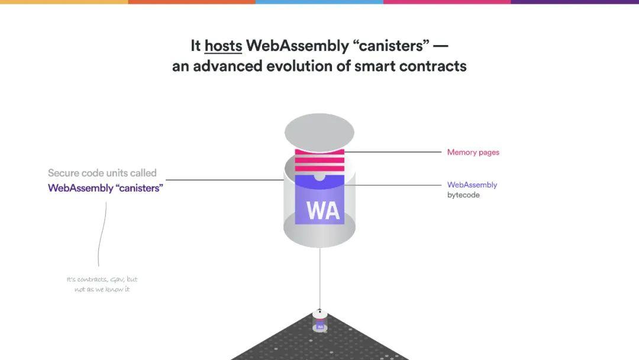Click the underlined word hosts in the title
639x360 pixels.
click(x=223, y=46)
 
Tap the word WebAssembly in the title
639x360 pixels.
click(x=298, y=46)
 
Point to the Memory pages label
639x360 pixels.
click(x=473, y=152)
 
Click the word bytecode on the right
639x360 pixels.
click(x=463, y=195)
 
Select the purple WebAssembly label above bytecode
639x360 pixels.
click(x=472, y=185)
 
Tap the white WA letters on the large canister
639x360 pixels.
click(x=323, y=211)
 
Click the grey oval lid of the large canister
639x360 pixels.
click(x=319, y=132)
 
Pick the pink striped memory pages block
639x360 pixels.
click(x=319, y=160)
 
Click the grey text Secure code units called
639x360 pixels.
click(x=102, y=173)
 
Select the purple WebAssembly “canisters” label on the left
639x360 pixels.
click(x=105, y=188)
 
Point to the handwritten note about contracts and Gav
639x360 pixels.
click(x=102, y=284)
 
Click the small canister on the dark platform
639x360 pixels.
click(x=320, y=321)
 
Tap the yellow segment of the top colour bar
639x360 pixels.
click(x=64, y=2)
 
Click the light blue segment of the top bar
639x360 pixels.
click(x=319, y=2)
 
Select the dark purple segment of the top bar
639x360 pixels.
click(x=575, y=2)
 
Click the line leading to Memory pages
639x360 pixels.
click(x=393, y=152)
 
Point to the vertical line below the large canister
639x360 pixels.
click(x=320, y=279)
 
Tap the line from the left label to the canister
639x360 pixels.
click(x=225, y=180)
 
